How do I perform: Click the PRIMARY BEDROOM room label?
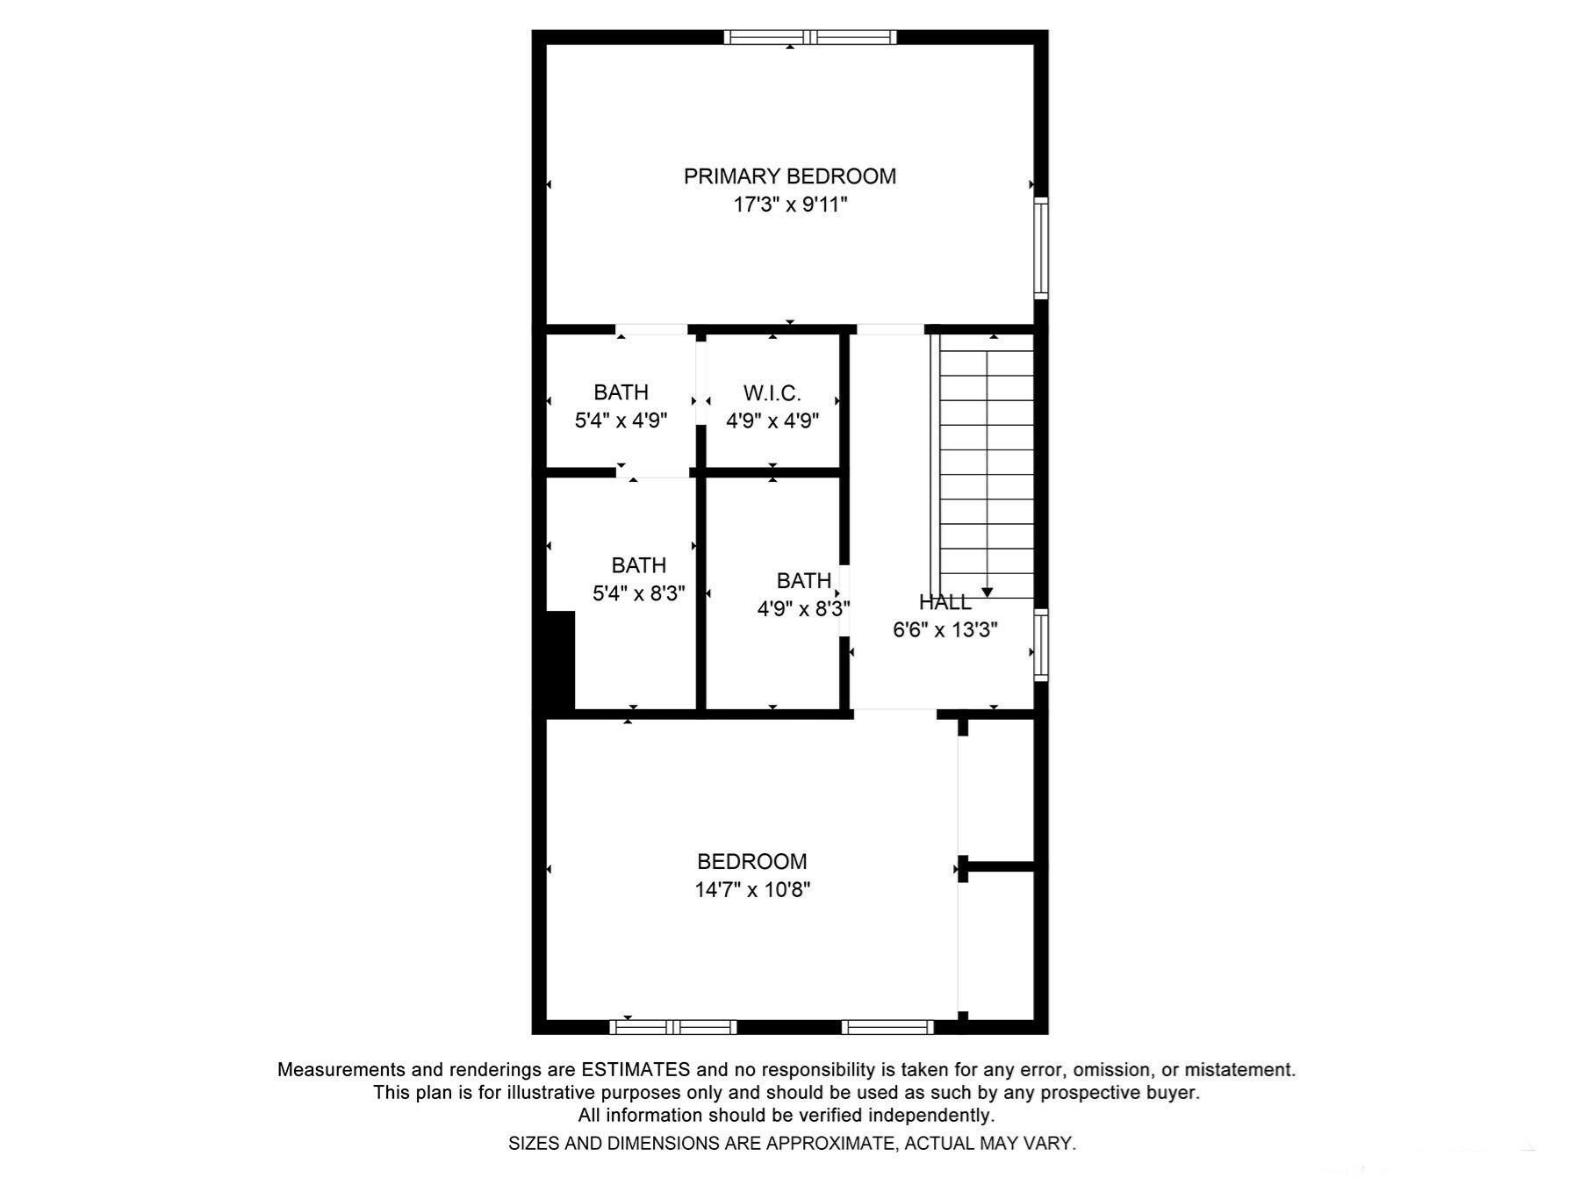coord(789,176)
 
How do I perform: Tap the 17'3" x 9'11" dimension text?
coord(789,205)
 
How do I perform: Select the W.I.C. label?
coord(772,392)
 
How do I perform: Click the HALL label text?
coord(944,602)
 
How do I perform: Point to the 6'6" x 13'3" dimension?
coord(944,630)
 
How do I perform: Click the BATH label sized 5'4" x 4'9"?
coord(621,392)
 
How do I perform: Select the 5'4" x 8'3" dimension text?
coord(638,593)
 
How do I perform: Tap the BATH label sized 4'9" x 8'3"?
coord(803,580)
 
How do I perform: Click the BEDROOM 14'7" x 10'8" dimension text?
coord(751,890)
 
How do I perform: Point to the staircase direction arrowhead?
coord(987,592)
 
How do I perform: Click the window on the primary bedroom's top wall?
coord(809,37)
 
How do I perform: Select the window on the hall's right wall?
coord(1040,646)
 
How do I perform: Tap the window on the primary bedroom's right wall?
coord(1040,248)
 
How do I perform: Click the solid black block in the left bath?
coord(560,660)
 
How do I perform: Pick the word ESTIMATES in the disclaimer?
coord(635,1070)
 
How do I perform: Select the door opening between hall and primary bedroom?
coord(890,329)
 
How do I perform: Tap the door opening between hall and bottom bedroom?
coord(894,714)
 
